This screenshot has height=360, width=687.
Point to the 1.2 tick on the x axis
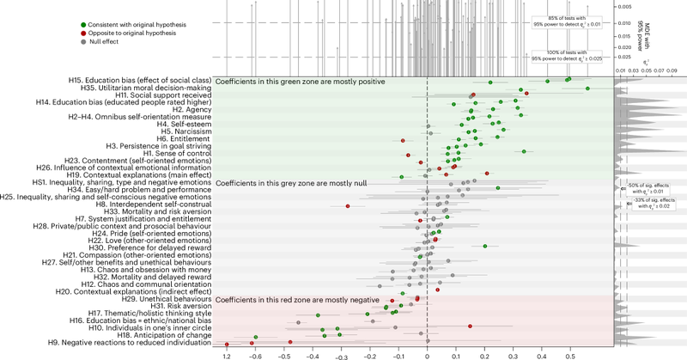point(227,354)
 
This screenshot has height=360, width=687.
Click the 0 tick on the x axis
point(427,354)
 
